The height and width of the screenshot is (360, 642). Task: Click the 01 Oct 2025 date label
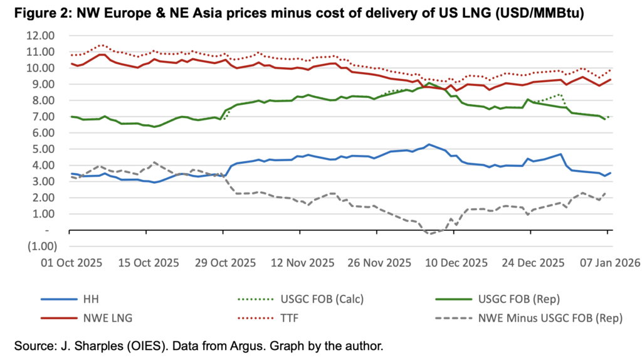point(70,263)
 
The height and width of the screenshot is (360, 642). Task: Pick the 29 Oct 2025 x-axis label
point(224,263)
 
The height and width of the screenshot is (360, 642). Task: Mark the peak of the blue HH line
point(429,144)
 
